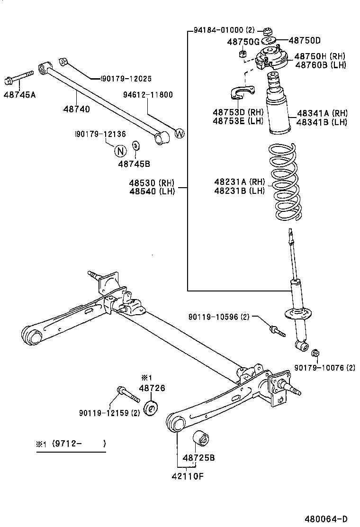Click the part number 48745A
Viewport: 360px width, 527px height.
coord(19,94)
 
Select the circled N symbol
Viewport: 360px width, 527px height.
coord(120,151)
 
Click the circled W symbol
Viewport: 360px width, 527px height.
coord(179,134)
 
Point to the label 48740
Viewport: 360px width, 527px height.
coord(76,109)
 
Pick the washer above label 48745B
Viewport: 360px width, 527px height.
coord(135,144)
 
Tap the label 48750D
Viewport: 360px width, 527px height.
coord(305,41)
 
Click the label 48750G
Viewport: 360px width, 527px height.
coord(243,42)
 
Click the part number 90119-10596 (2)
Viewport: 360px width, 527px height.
coord(218,317)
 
